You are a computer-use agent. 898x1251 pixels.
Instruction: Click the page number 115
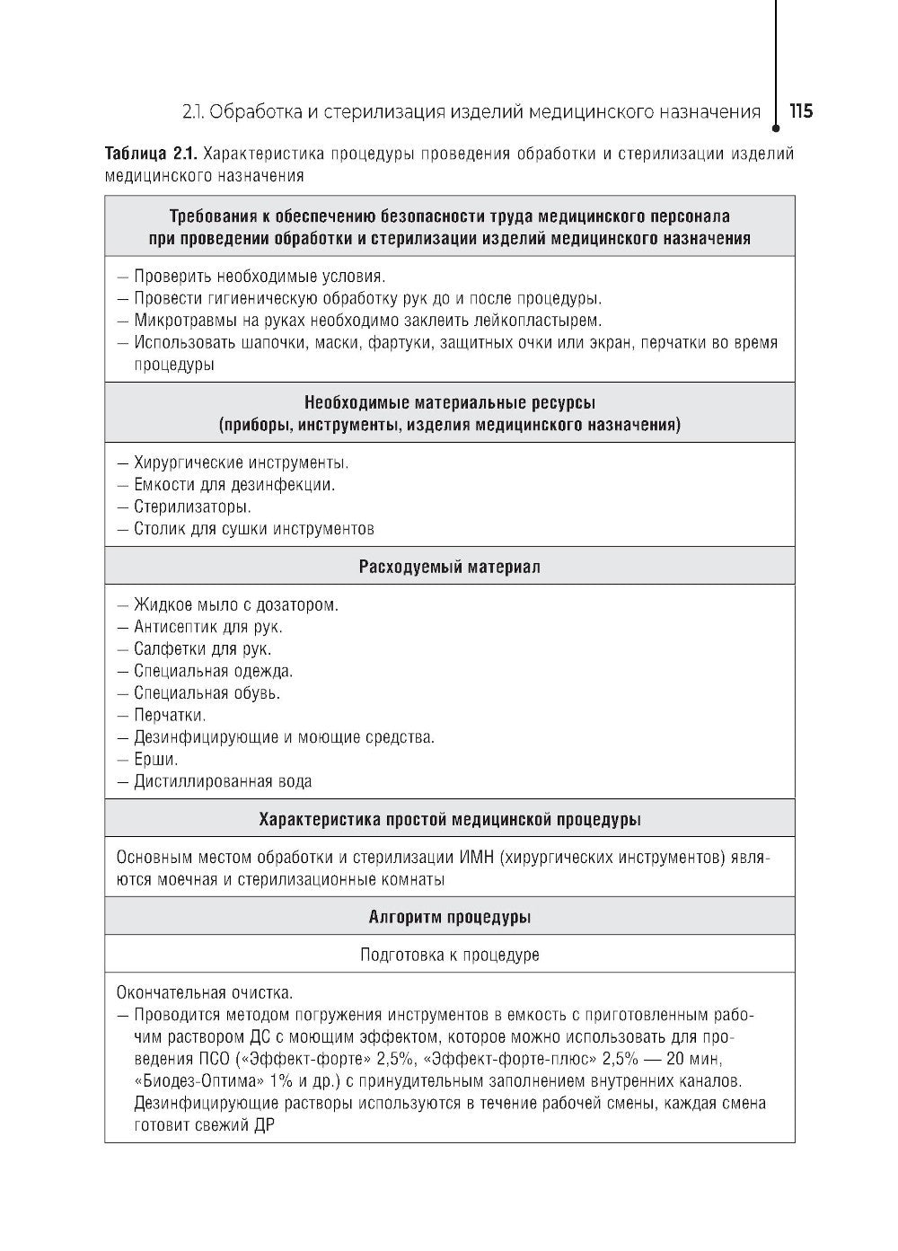[x=800, y=111]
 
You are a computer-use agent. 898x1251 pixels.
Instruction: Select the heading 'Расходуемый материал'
[x=449, y=567]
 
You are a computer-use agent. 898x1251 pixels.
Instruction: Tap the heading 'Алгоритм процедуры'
[x=449, y=917]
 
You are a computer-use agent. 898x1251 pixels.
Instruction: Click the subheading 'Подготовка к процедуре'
[x=449, y=955]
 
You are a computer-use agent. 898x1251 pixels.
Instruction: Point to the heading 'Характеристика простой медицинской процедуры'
[x=449, y=819]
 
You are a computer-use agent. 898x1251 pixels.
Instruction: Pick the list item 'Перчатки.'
[x=170, y=716]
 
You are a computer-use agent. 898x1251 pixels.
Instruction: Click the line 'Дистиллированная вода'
[x=223, y=781]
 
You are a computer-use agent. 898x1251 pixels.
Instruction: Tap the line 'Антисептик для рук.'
[x=207, y=628]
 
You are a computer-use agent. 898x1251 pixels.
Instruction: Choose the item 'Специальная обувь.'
[x=207, y=693]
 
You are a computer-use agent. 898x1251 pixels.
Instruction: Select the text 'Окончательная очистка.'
[x=205, y=993]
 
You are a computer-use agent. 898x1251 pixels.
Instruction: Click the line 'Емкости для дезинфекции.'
[x=234, y=485]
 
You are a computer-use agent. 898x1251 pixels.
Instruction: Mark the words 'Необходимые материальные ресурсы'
[x=449, y=402]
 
